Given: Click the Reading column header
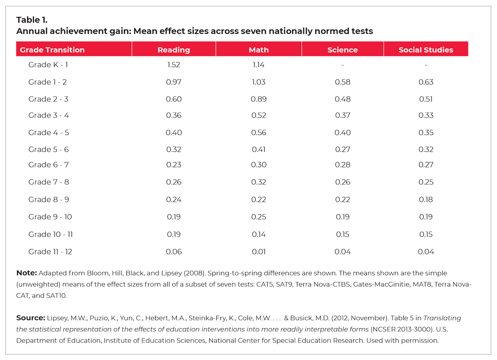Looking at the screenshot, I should (174, 50).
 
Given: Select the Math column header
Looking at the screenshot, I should (258, 50).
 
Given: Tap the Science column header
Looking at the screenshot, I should (342, 50).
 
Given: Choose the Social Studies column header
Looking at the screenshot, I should (426, 50).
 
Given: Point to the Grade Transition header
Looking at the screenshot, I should (52, 50).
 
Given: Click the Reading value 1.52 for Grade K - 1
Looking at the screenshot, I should (174, 65).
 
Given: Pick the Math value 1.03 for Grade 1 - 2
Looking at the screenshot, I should (258, 82).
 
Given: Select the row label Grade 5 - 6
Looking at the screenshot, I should (48, 150).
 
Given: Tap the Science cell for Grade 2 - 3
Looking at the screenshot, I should (342, 99).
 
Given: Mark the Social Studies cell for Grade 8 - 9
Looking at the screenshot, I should (426, 200).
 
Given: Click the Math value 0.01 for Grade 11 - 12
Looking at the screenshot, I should (258, 251).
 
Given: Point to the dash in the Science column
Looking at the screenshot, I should (342, 65).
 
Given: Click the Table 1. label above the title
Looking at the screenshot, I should (32, 20).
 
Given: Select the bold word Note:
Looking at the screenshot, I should (27, 273).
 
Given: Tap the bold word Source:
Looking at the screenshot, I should (30, 318).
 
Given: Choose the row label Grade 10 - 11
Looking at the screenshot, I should (51, 234).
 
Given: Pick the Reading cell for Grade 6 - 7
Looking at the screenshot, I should (174, 165).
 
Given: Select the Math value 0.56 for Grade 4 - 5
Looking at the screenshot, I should (258, 133).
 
